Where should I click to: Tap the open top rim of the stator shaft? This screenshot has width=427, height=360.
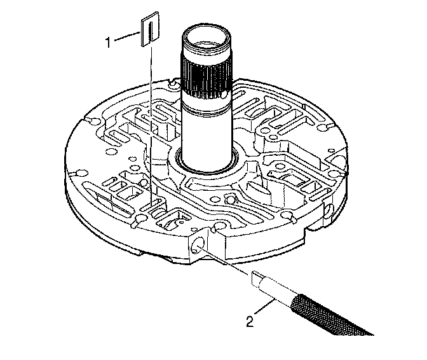[x=206, y=36]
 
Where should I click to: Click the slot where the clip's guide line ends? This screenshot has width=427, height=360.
[x=152, y=207]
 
